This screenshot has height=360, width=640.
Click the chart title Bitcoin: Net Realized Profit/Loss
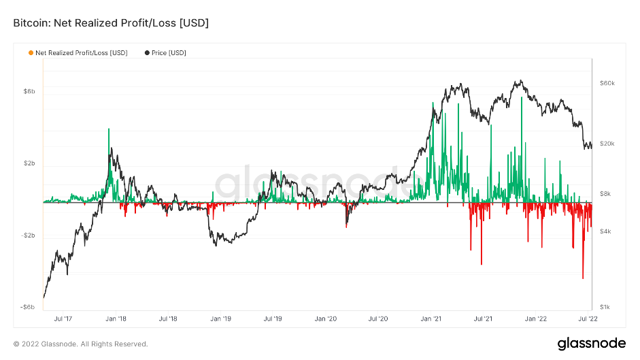point(111,23)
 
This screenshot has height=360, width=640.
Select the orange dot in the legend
point(31,52)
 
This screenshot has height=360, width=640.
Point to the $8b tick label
point(29,91)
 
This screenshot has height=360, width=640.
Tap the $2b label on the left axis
point(29,164)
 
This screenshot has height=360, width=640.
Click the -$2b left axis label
point(27,236)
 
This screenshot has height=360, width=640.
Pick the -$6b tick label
point(27,307)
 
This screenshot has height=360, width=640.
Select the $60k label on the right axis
point(607,83)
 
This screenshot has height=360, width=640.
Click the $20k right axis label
point(607,144)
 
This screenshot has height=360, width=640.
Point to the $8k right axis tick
point(605,194)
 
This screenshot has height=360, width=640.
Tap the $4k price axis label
point(605,231)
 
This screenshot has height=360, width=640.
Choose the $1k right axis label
point(605,308)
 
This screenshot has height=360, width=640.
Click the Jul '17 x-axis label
point(63,318)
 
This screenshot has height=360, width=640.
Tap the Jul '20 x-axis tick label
point(378,318)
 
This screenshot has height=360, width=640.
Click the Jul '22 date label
point(586,318)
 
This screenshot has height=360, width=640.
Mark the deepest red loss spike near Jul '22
point(583,278)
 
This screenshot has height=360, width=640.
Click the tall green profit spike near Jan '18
point(109,129)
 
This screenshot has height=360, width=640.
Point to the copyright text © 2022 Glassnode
point(80,344)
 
